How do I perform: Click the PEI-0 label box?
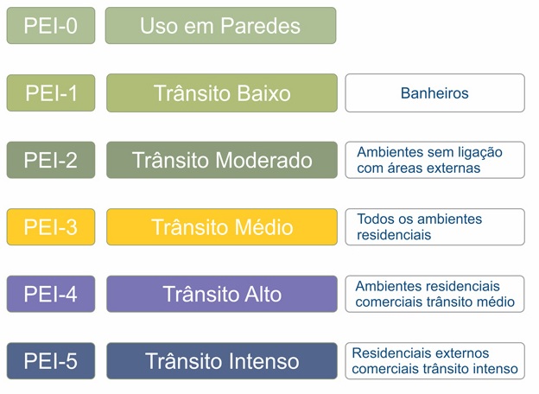51,26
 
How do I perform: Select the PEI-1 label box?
51,92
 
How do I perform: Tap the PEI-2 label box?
51,160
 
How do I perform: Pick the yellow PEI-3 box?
51,227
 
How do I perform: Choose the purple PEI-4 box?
51,294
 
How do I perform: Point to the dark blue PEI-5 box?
51,361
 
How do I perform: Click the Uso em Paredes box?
220,26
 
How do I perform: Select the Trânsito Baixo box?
222,92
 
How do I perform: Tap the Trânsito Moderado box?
222,160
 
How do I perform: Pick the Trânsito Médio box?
222,227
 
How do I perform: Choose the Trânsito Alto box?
222,294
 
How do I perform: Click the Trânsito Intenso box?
222,361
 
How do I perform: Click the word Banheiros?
434,93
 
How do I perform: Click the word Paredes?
260,26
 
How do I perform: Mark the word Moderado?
264,160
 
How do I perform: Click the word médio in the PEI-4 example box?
498,302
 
